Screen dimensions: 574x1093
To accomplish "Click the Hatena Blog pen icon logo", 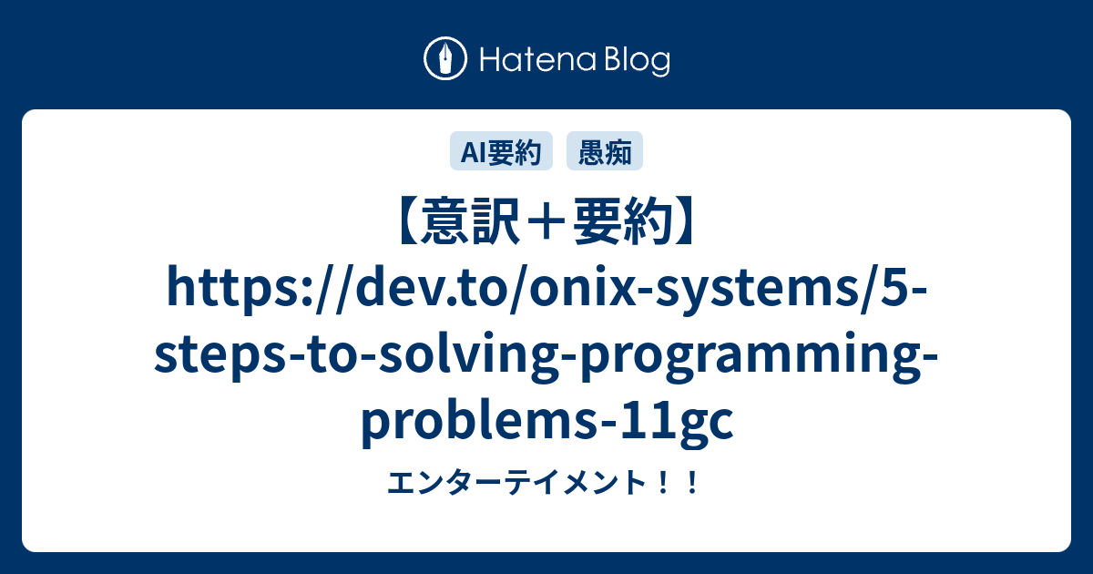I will (x=445, y=60).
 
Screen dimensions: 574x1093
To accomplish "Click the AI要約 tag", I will (x=501, y=152).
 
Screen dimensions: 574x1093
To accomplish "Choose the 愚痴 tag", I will (x=605, y=152).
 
